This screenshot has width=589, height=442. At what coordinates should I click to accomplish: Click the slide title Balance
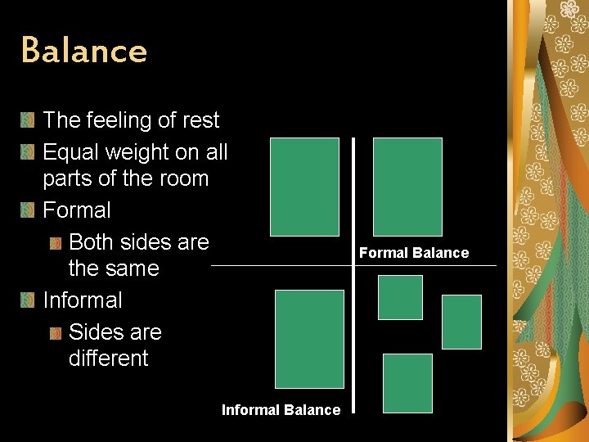click(x=84, y=51)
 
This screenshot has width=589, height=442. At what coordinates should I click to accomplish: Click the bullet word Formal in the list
click(x=77, y=210)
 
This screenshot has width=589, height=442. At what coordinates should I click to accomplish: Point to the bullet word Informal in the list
click(x=83, y=300)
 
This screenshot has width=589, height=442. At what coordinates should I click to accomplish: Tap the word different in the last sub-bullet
click(x=109, y=359)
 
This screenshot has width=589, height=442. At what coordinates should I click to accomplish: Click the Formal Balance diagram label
click(x=414, y=253)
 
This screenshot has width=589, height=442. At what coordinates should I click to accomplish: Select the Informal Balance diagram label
click(x=281, y=410)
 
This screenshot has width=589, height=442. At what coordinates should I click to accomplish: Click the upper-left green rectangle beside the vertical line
click(x=304, y=187)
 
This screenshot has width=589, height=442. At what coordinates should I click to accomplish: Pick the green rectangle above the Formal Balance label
click(x=407, y=187)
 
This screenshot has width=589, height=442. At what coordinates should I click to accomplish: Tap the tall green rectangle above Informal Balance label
click(x=309, y=338)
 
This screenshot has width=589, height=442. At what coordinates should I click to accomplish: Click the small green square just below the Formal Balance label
click(x=400, y=297)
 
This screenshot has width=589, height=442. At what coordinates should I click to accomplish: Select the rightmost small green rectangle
click(x=461, y=322)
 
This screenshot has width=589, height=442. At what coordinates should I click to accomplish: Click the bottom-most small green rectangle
click(x=407, y=383)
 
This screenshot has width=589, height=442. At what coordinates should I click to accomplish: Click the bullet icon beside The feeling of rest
click(x=27, y=121)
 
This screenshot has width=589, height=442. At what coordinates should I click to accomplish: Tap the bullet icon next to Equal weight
click(x=27, y=153)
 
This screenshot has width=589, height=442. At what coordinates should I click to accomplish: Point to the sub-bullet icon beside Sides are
click(x=55, y=333)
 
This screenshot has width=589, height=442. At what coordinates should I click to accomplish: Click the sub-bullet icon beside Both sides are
click(x=55, y=243)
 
